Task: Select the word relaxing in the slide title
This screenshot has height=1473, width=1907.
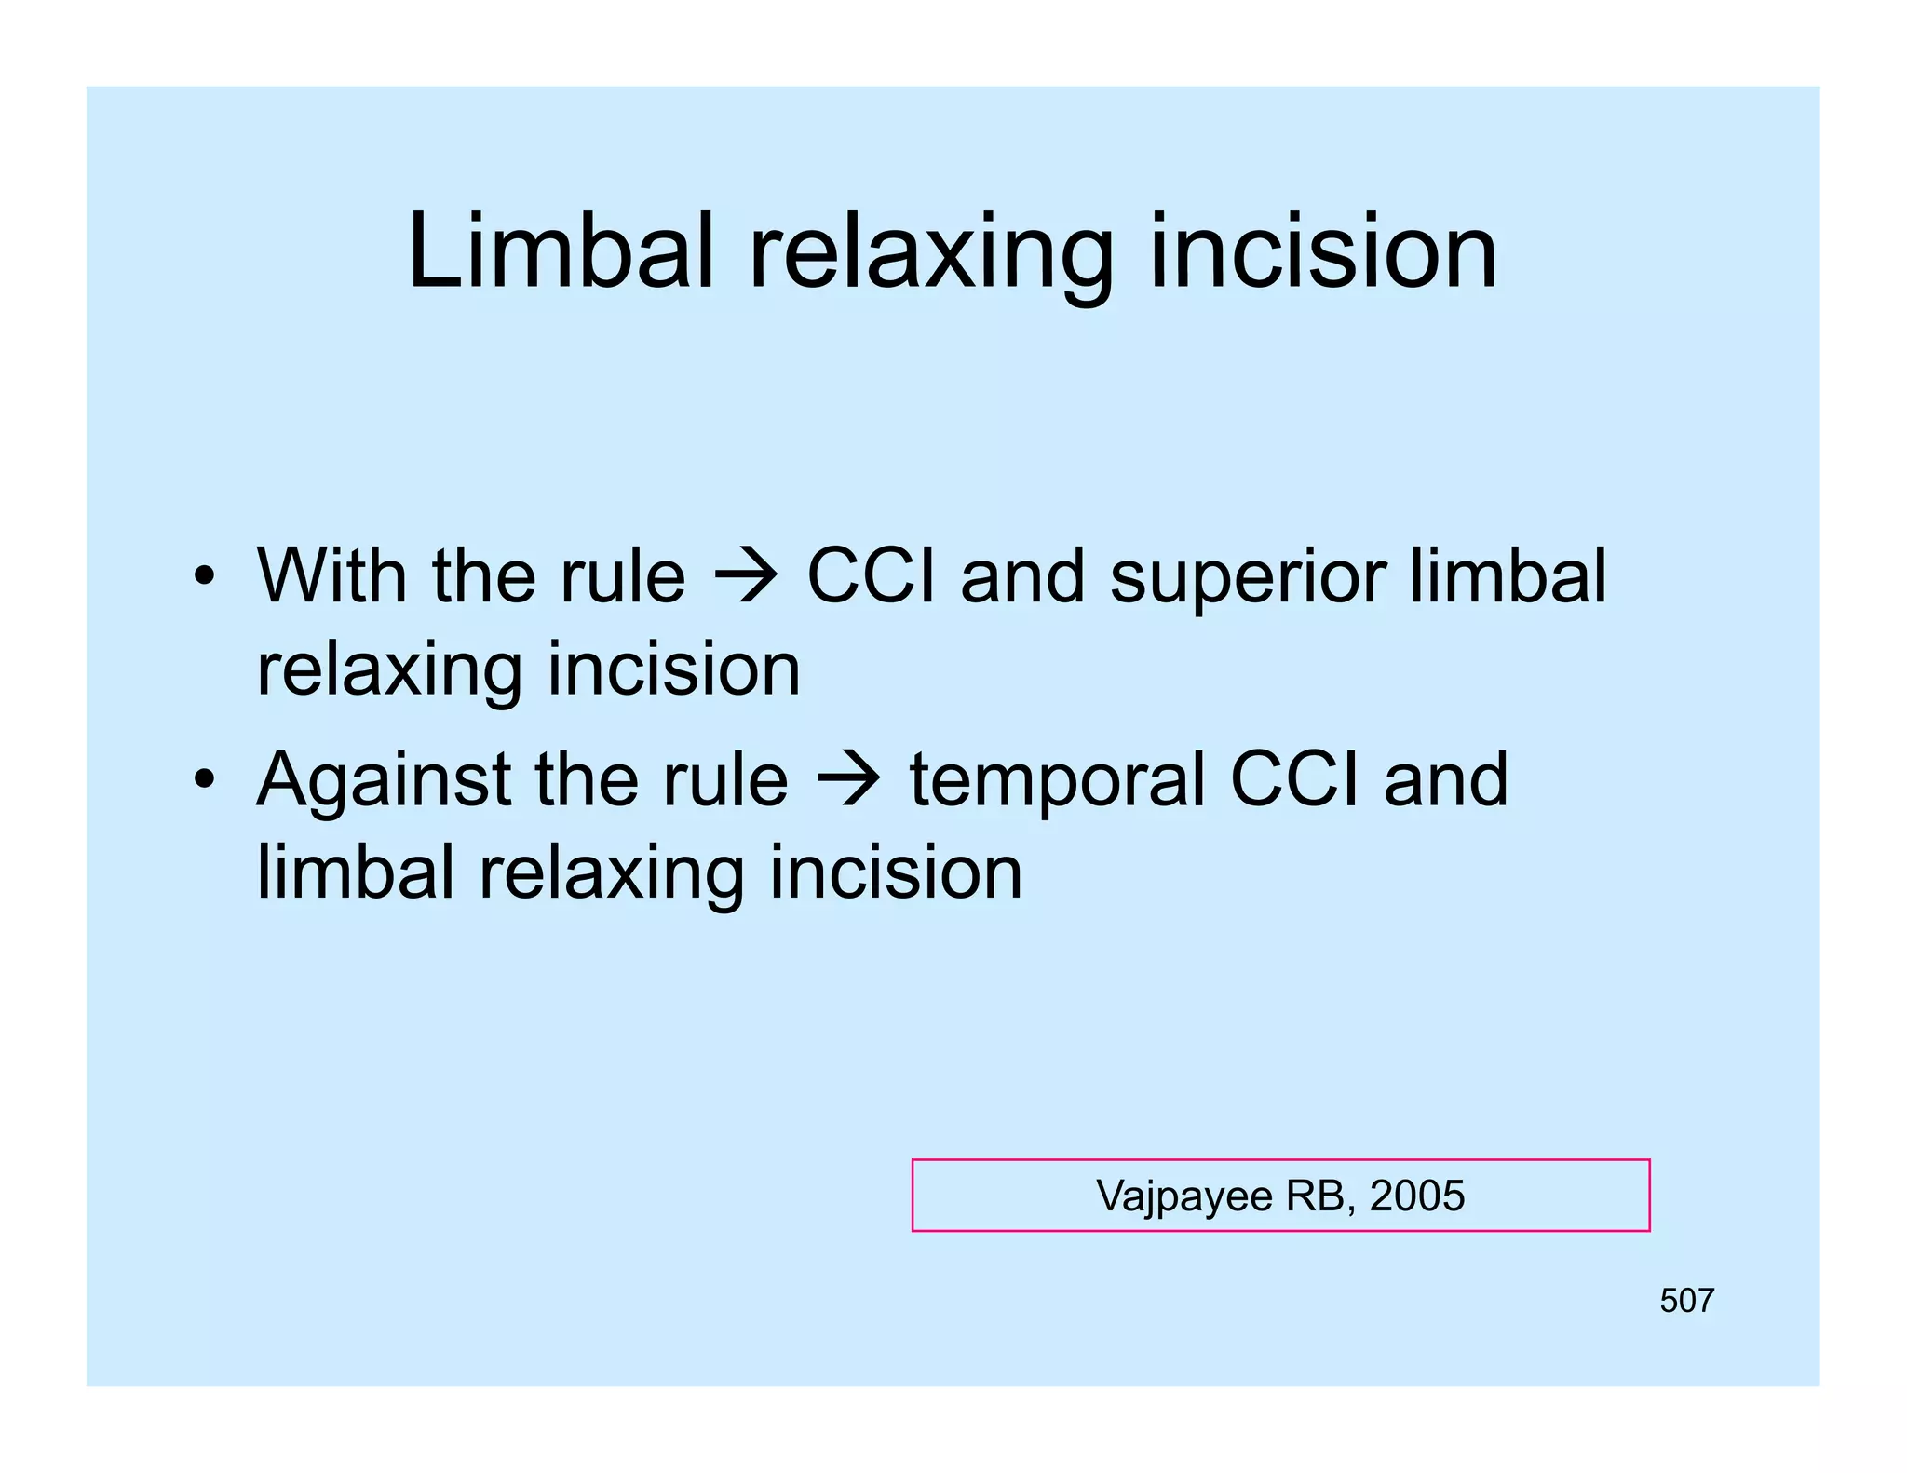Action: [x=930, y=256]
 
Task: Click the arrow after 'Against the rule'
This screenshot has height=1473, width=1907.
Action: [x=848, y=780]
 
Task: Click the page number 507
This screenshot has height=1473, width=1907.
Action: [x=1686, y=1300]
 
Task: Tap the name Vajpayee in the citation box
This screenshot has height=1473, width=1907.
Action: [x=1183, y=1196]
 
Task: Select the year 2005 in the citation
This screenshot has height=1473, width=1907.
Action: [x=1417, y=1196]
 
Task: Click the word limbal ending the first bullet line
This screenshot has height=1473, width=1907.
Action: [x=1508, y=575]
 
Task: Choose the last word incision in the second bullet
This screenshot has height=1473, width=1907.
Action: [x=896, y=872]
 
